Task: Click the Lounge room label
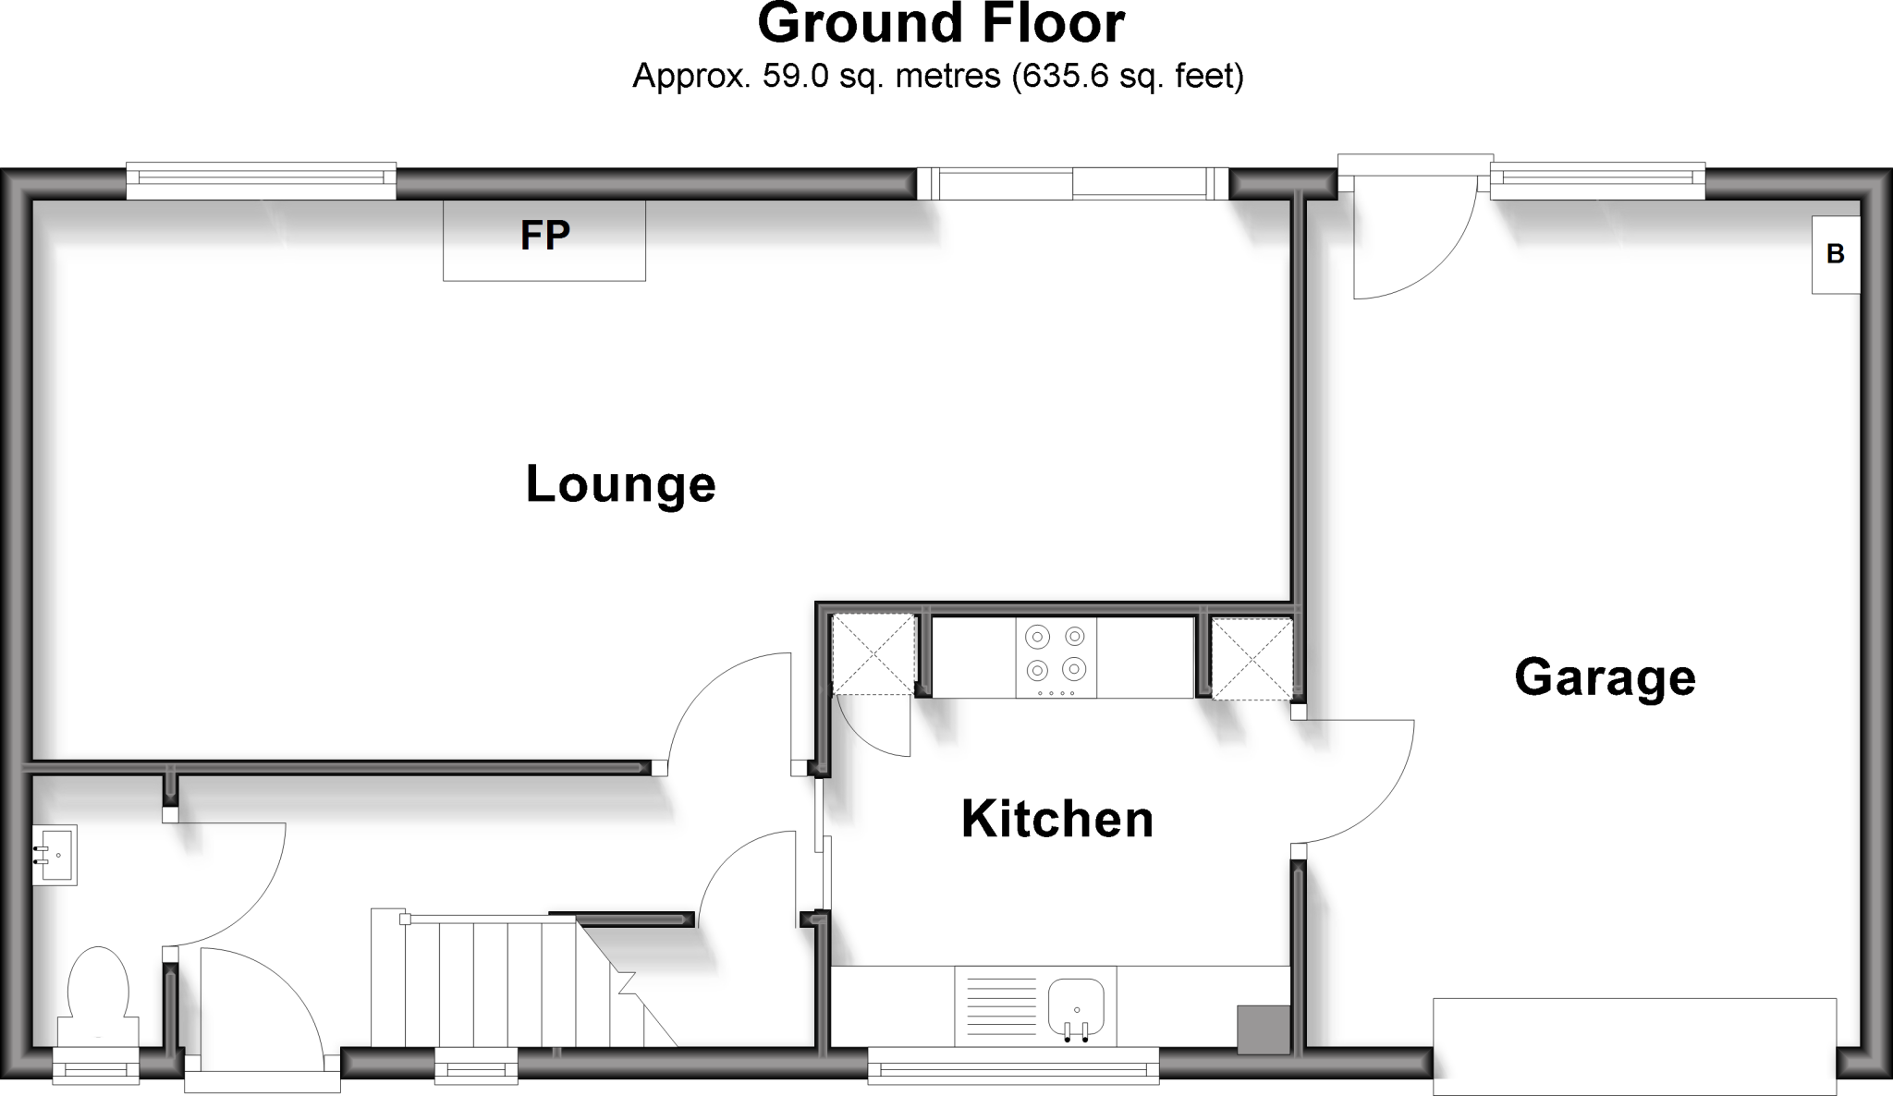(620, 484)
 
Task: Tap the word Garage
(1605, 677)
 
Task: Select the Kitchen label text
(1057, 819)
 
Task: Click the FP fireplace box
(544, 239)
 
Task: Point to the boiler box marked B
(1835, 254)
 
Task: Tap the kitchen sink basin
(1076, 1005)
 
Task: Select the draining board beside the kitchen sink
(1001, 1005)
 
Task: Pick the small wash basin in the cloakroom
(54, 855)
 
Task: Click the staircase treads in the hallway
(490, 980)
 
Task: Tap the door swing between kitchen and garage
(1354, 781)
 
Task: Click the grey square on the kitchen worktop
(1263, 1029)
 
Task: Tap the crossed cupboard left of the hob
(873, 654)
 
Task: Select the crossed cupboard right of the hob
(1252, 658)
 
